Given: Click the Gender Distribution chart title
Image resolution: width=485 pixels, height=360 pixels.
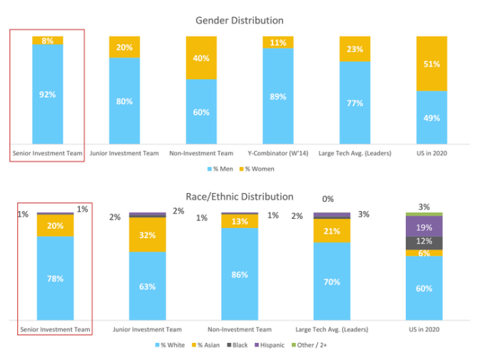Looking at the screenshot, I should pyautogui.click(x=239, y=21).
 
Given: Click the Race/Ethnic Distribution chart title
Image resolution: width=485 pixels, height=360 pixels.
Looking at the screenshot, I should pyautogui.click(x=240, y=196).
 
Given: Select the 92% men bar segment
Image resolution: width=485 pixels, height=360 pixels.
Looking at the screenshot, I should pyautogui.click(x=47, y=93).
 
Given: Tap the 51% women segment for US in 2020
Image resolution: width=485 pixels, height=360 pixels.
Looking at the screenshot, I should pyautogui.click(x=432, y=63).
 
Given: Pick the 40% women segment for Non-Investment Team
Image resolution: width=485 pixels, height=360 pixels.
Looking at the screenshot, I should pyautogui.click(x=202, y=58).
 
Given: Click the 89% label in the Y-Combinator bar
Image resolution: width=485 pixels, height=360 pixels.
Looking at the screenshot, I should pyautogui.click(x=278, y=96).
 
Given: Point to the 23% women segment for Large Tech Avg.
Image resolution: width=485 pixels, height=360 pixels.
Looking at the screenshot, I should pyautogui.click(x=355, y=49).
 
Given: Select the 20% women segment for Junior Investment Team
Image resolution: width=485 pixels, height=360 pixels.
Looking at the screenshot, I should pyautogui.click(x=124, y=47).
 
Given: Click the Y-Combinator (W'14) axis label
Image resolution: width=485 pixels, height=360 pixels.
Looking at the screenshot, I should pyautogui.click(x=277, y=153).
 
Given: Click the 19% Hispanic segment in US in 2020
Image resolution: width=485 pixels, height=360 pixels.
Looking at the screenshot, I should pyautogui.click(x=424, y=226).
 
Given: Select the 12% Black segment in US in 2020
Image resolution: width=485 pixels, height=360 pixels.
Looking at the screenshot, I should pyautogui.click(x=424, y=242).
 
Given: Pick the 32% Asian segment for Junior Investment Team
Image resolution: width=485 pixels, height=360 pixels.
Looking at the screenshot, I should pyautogui.click(x=147, y=235).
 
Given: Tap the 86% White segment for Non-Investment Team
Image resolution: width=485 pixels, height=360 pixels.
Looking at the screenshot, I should pyautogui.click(x=239, y=274).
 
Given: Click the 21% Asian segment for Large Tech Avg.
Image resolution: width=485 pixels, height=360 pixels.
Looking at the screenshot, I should pyautogui.click(x=332, y=231).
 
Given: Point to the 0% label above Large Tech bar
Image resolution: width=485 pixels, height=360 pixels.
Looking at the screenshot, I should pyautogui.click(x=328, y=200).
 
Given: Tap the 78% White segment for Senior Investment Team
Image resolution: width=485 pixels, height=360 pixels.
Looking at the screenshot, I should pyautogui.click(x=55, y=278).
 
